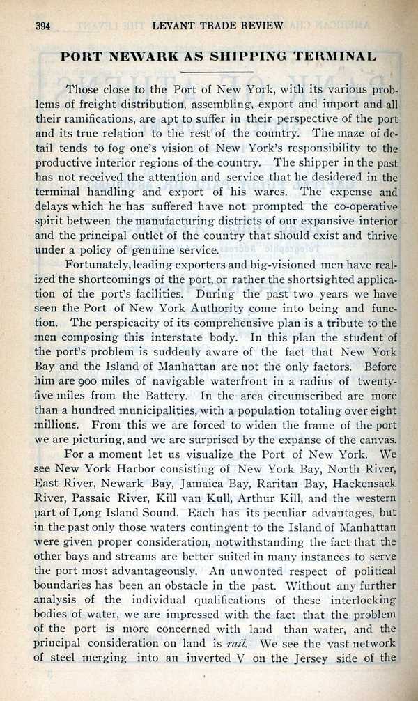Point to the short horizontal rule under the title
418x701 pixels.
pyautogui.click(x=219, y=72)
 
